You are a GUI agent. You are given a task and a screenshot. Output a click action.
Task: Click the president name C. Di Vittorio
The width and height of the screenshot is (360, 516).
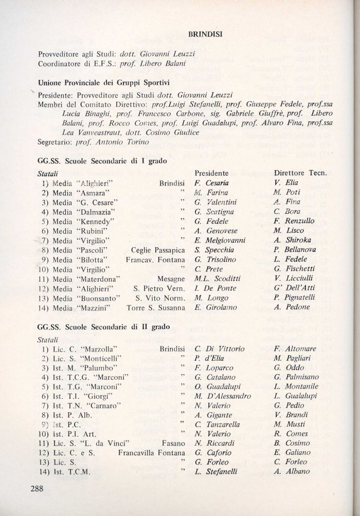(219, 349)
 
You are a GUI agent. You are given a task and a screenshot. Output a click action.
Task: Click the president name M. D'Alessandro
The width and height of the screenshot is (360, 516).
(222, 396)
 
